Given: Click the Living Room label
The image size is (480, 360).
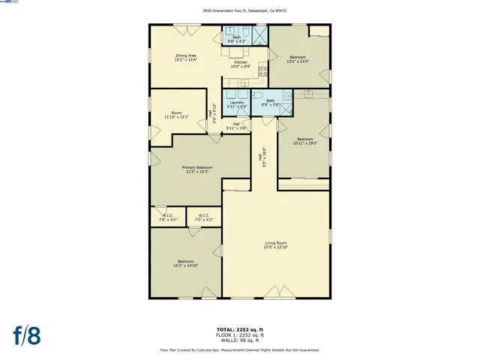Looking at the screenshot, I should point(275,245).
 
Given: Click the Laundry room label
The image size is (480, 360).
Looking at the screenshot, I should point(237,103).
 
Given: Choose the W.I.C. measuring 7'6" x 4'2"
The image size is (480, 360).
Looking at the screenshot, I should point(169,217).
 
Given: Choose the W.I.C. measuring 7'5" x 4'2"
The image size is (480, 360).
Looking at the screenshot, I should point(205,217).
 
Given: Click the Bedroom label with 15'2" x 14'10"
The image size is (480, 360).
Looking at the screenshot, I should point(185,263).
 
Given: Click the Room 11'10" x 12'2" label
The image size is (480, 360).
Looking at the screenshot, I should point(176,115).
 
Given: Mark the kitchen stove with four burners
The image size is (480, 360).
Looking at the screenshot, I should point(263,72).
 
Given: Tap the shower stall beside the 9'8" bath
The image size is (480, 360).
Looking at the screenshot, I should point(260,36).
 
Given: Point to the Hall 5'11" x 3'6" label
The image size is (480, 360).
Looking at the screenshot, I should point(236,126).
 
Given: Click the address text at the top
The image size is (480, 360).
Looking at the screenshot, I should point(240,11).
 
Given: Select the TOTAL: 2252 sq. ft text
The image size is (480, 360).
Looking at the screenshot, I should point(240,329).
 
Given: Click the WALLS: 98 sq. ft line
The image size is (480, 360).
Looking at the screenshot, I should point(240,340).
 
